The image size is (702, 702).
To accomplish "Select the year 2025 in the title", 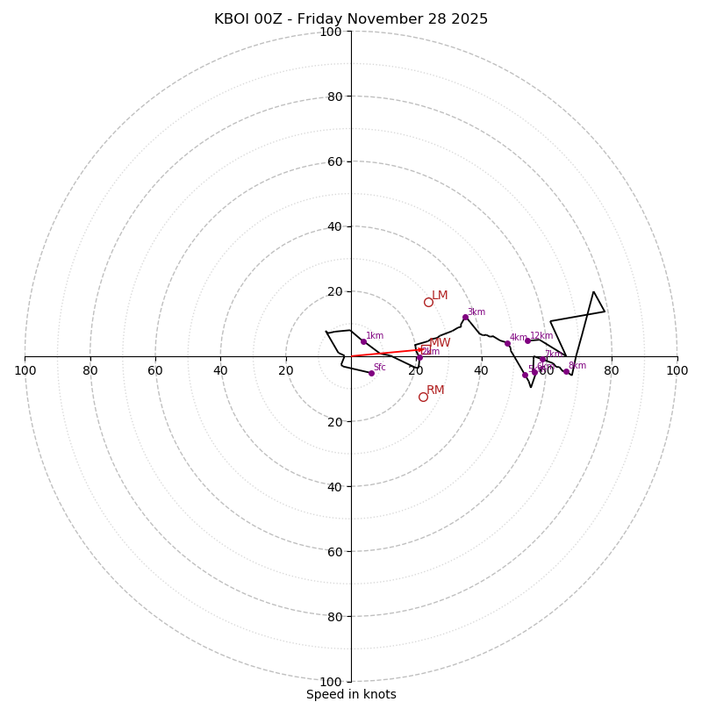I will pos(469,19).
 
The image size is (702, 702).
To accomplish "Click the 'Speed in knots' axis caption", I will pos(351,694).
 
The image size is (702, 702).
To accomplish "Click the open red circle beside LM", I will pos(428,302).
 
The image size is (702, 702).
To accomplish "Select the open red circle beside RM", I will pos(423,397).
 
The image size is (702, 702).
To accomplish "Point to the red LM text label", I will pos(440,296).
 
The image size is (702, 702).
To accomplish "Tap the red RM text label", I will pos(435,390).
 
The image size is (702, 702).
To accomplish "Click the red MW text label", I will pos(440,343).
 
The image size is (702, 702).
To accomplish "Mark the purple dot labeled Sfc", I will pos(371,373).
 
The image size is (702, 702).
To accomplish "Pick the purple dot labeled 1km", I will pos(363,341).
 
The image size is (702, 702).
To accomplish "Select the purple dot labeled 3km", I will pos(465,317).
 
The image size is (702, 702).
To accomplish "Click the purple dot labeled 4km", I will pos(507,343).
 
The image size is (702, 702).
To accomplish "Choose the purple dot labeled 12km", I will pos(527,340).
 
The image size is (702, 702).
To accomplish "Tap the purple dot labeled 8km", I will pos(566,371).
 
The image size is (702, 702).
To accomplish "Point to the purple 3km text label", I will pos(476,312).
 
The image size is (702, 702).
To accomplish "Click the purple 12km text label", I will pos(541,336).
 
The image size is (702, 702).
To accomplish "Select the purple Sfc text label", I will pos(380,368).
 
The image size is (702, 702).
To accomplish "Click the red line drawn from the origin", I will pos(386,353).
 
